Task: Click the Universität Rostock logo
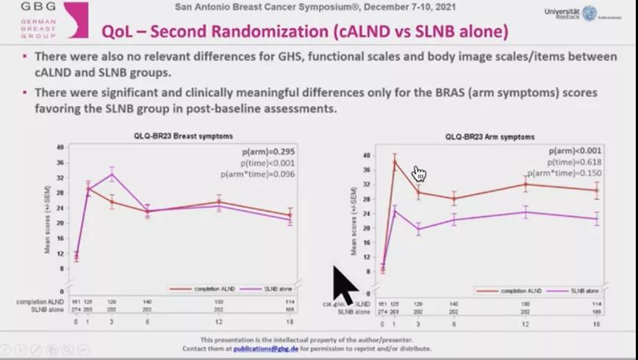(x=581, y=13)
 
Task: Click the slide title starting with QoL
(x=304, y=32)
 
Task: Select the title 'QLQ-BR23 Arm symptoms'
(x=490, y=137)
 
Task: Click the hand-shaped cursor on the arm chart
(x=420, y=174)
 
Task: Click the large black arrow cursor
(x=344, y=284)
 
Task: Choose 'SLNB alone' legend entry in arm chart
(x=574, y=291)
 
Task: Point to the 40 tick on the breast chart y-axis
(x=60, y=147)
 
